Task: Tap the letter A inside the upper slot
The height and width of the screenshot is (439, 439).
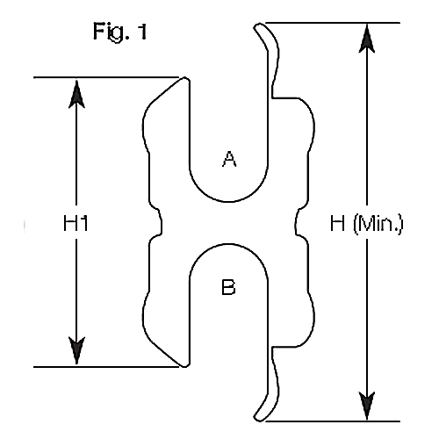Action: [x=228, y=159]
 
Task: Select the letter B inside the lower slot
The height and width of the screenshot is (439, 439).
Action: [x=228, y=287]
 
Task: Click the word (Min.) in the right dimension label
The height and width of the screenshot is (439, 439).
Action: [x=377, y=224]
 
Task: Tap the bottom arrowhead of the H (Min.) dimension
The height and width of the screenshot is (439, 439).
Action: [x=366, y=406]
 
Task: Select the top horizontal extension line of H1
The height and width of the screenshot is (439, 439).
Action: [x=105, y=77]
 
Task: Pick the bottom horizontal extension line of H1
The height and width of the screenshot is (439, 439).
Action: [x=105, y=366]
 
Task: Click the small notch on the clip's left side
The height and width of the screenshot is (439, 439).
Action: [x=158, y=222]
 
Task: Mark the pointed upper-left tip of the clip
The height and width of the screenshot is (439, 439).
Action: [x=185, y=80]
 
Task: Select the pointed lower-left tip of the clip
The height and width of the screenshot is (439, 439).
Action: [x=183, y=363]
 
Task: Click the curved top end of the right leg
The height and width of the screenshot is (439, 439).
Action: [x=258, y=29]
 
